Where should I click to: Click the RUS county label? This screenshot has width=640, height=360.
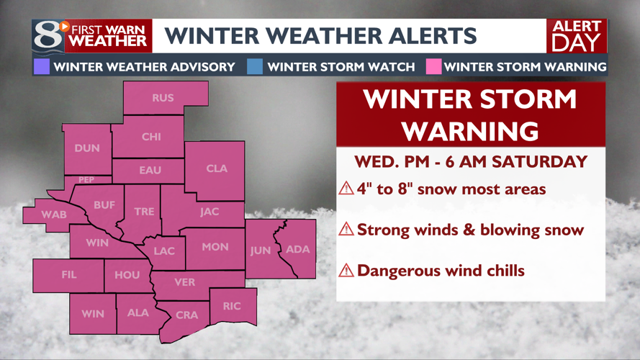tap(163, 98)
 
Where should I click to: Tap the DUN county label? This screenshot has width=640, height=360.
tap(87, 148)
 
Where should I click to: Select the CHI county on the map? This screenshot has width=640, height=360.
tap(151, 137)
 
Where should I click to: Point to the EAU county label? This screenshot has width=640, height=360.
tap(150, 171)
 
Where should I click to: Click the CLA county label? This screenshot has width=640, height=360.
tap(217, 168)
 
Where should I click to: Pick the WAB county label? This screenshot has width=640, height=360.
tap(54, 215)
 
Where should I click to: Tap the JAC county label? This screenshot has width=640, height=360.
tap(209, 212)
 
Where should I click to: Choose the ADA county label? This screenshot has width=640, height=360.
tap(298, 249)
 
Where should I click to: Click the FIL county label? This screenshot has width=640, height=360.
tap(68, 274)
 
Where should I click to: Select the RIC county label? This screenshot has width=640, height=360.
tap(232, 306)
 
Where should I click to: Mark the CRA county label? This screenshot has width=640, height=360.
tap(187, 315)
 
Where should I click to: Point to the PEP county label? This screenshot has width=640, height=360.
tap(86, 180)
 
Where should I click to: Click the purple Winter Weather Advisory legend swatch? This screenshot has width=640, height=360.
tap(41, 67)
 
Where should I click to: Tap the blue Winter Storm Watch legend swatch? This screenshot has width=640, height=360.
tap(255, 67)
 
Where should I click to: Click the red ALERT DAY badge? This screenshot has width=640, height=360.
tap(577, 35)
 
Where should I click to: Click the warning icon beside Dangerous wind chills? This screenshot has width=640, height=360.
tap(346, 271)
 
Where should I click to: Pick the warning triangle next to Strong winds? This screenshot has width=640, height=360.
tap(346, 230)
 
